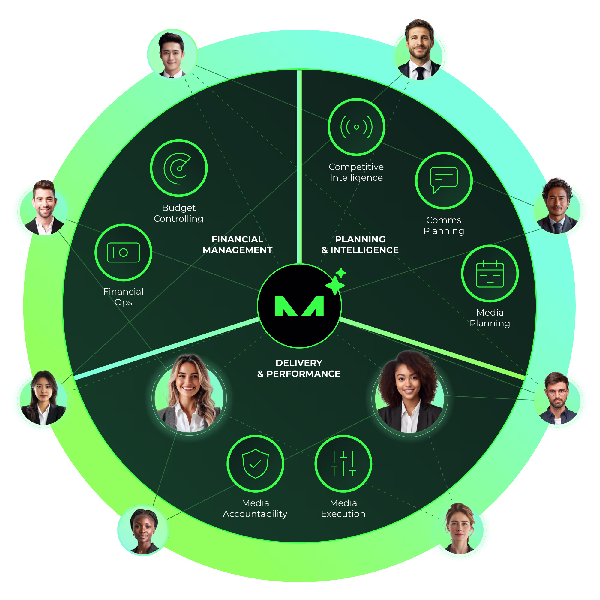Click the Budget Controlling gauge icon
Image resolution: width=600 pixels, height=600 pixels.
(178, 168)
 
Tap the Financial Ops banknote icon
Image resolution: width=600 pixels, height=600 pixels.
(123, 253)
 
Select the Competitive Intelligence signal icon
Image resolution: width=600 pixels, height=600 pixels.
(356, 127)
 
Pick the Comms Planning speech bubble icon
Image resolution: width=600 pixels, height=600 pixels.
(444, 180)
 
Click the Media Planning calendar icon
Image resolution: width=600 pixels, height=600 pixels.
(490, 274)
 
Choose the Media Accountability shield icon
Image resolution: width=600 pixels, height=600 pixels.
(255, 463)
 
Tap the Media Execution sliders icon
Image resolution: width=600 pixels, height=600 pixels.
(343, 463)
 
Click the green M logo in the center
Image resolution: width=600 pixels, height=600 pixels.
(299, 306)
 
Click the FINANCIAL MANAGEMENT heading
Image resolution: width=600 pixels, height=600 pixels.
(237, 244)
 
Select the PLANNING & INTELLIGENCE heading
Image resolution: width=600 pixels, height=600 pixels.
(360, 244)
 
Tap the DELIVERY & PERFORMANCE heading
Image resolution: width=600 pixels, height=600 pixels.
(299, 368)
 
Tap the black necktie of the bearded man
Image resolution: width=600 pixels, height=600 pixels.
(420, 73)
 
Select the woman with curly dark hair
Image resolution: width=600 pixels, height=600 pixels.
(409, 392)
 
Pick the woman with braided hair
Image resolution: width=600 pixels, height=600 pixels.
(143, 530)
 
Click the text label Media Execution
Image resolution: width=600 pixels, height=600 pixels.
(343, 508)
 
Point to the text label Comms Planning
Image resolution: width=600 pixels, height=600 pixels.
(444, 226)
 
